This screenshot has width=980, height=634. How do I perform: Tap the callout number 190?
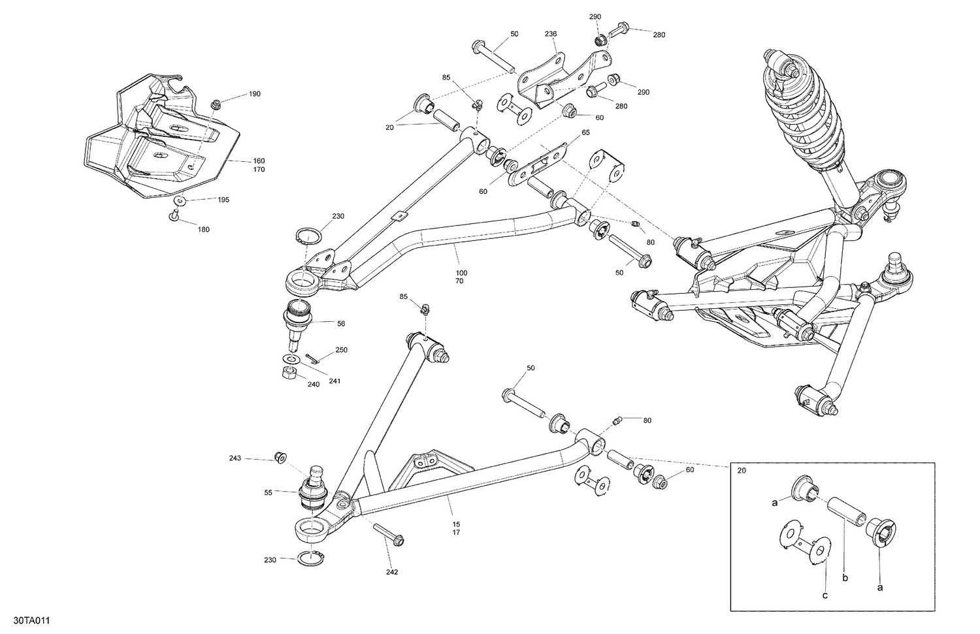254,94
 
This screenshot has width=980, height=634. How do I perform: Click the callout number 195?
223,200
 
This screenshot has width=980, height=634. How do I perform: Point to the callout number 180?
204,229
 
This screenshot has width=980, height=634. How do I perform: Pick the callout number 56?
340,323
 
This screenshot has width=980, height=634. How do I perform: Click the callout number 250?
342,350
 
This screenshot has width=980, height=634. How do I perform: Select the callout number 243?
235,458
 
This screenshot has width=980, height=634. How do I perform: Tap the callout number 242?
392,572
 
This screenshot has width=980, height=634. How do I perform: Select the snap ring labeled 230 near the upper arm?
311,236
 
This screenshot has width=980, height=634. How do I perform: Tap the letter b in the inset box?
846,578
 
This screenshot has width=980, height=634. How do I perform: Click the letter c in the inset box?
825,595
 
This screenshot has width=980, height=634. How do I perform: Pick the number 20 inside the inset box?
742,470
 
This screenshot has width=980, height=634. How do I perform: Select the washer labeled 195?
180,200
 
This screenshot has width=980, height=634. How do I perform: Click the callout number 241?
335,381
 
